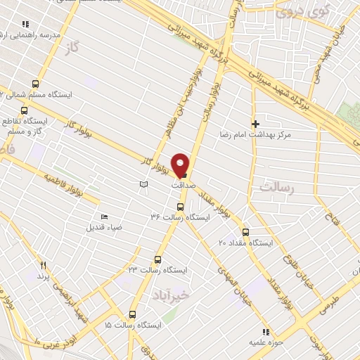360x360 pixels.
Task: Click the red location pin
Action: tap(181, 165)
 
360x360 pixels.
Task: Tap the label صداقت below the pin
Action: tap(183, 186)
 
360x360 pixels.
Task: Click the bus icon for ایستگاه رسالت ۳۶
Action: tap(180, 207)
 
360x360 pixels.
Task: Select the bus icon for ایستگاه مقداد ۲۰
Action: tap(245, 232)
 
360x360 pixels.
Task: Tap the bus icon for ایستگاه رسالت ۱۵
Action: tap(131, 315)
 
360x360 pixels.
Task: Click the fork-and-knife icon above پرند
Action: tap(43, 265)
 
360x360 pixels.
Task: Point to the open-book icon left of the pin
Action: tap(143, 184)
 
